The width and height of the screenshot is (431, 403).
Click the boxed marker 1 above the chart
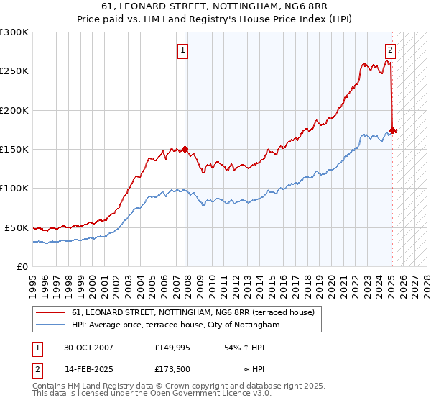(x=184, y=50)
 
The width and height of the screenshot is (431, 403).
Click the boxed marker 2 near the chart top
(x=390, y=50)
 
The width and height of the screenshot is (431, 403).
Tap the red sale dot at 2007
(x=185, y=150)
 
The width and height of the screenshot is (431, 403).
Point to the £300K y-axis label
(x=14, y=32)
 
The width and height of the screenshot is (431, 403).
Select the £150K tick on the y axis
(x=14, y=149)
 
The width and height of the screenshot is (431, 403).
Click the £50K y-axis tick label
(x=17, y=227)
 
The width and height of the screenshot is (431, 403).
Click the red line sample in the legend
(x=50, y=312)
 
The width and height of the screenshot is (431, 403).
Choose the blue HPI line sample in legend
(x=50, y=325)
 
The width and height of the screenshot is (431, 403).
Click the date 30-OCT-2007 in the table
(x=88, y=348)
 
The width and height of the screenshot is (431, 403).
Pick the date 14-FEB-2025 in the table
(x=88, y=369)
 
